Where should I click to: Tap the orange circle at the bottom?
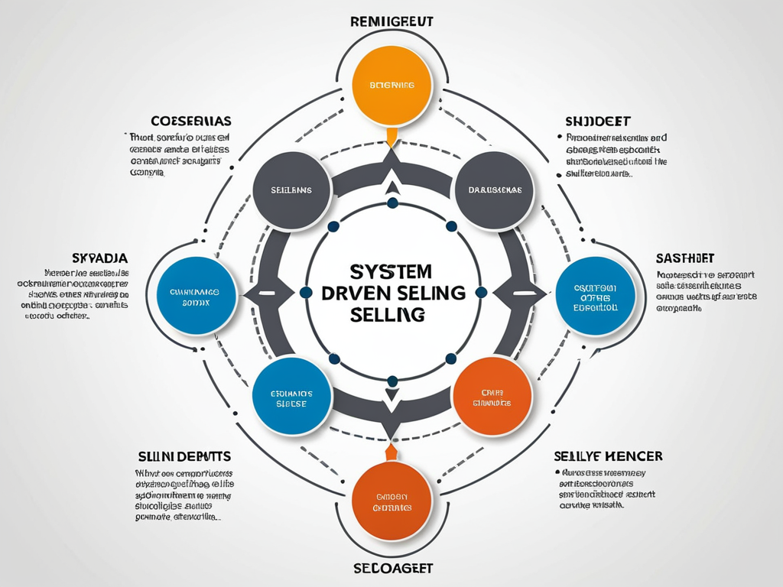[392, 501]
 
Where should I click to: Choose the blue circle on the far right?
[595, 297]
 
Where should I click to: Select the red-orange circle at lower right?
[492, 395]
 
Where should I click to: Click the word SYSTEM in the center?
[390, 272]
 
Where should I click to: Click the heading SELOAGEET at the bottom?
[391, 569]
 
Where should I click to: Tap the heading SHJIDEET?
[597, 121]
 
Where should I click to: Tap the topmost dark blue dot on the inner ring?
[392, 203]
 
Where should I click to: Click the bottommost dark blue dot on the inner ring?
[392, 381]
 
